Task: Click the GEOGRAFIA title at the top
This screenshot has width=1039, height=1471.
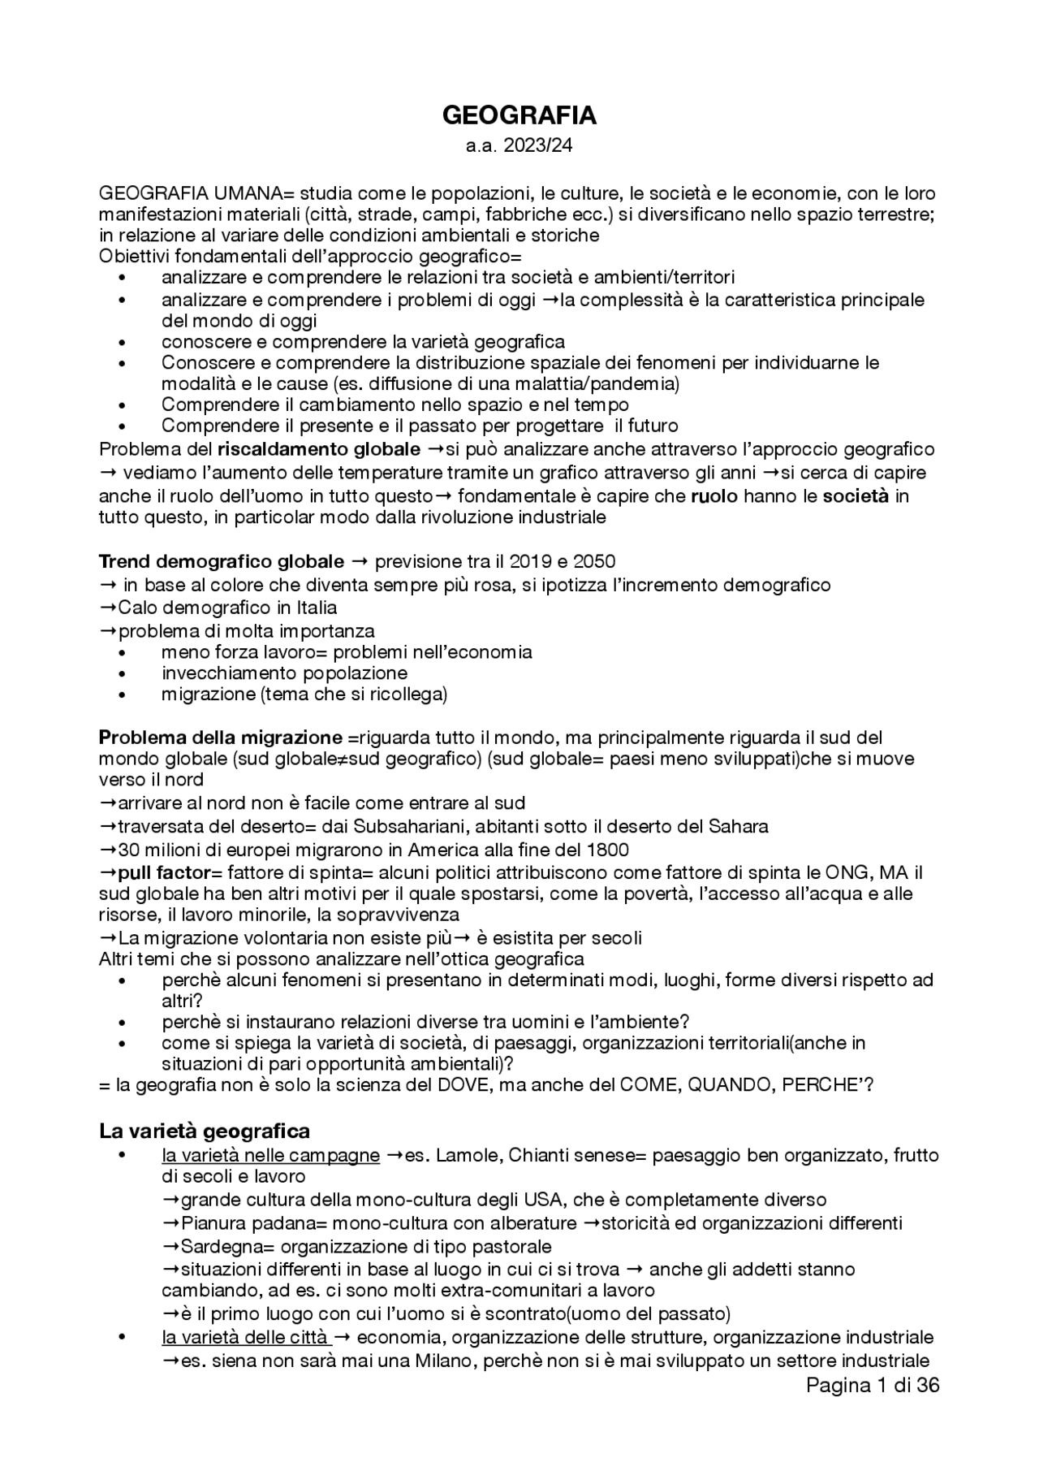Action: [519, 116]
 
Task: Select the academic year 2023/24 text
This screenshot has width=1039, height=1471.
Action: [519, 146]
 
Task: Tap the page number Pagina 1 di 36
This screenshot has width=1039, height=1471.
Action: [873, 1386]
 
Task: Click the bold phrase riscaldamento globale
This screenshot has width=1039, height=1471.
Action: [319, 449]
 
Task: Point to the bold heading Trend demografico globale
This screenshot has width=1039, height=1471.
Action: [221, 561]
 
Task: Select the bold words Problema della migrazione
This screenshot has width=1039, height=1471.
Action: [221, 738]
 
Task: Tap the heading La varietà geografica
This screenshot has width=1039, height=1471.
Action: [205, 1131]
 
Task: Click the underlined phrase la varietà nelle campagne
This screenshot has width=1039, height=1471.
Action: [270, 1155]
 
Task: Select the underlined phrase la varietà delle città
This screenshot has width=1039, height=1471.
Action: [245, 1337]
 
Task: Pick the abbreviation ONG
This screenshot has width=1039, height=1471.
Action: [844, 873]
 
